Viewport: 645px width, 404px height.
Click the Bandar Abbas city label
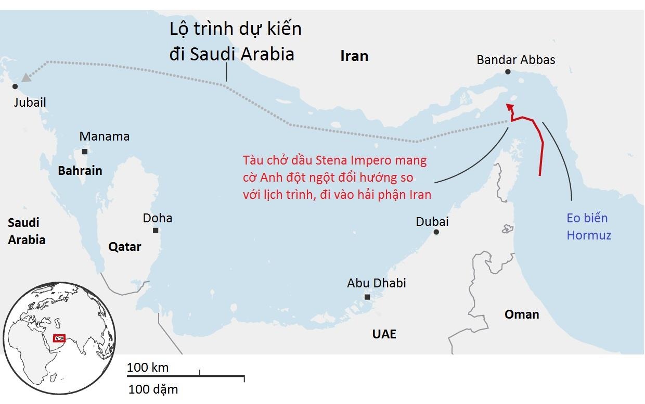515,59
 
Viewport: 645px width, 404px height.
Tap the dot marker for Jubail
15,86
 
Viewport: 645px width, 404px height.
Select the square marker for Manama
84,151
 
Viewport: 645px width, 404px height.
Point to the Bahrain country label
80,170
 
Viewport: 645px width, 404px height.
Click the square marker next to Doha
155,230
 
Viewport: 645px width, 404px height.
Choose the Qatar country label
124,247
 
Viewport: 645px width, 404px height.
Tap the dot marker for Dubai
436,232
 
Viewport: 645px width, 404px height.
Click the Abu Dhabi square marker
367,297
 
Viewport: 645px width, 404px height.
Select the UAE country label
384,334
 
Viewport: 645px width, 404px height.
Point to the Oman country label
522,314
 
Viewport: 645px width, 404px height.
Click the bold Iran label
354,56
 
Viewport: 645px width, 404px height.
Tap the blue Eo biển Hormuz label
588,226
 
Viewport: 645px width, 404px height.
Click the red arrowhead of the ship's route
510,107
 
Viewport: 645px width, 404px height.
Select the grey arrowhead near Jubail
25,78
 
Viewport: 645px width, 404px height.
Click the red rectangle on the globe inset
59,338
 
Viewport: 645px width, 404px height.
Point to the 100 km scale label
148,367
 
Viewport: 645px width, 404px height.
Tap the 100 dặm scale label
153,389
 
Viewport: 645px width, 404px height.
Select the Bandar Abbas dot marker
508,72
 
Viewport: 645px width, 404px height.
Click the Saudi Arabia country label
27,231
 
